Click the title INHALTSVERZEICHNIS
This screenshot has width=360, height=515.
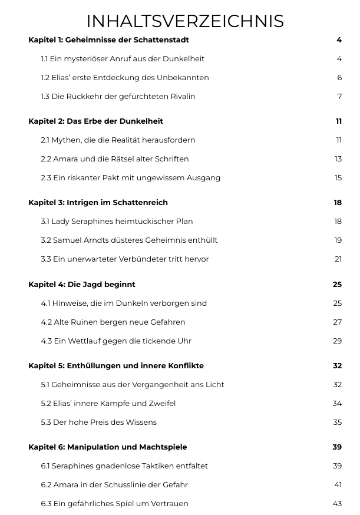[x=185, y=21]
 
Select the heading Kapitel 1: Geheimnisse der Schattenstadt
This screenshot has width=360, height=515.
[x=108, y=40]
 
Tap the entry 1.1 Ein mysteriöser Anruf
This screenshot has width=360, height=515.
[x=123, y=59]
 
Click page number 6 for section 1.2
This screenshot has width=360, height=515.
[x=339, y=78]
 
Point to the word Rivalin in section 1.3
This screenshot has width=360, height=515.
[x=181, y=97]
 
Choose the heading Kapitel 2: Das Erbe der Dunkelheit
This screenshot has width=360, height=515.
[x=95, y=121]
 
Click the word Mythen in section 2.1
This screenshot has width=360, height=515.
[x=65, y=140]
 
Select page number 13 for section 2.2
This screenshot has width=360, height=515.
[x=338, y=159]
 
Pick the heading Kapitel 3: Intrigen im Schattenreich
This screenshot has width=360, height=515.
[x=98, y=203]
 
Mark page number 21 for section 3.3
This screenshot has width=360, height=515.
[x=338, y=259]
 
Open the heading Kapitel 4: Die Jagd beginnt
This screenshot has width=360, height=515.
[x=82, y=285]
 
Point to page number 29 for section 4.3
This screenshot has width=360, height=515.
[x=337, y=341]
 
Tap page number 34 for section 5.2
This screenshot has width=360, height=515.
[x=337, y=404]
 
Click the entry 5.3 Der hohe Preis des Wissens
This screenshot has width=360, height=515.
[x=98, y=422]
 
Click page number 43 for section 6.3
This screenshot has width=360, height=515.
[x=337, y=504]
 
